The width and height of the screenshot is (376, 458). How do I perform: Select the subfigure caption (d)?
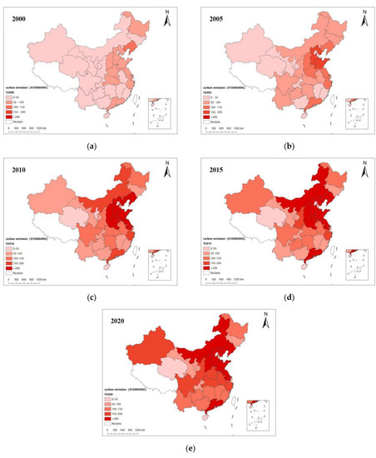click(286, 296)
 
